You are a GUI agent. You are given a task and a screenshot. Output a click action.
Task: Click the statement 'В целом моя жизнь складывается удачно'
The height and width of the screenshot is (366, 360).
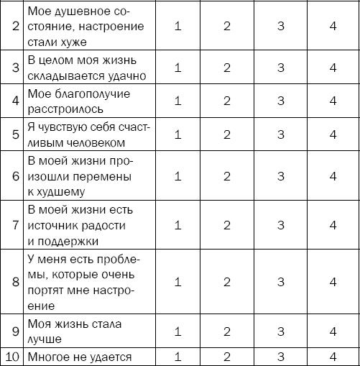(75, 68)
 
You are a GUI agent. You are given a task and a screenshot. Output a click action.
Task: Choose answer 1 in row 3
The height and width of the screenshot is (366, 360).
(177, 68)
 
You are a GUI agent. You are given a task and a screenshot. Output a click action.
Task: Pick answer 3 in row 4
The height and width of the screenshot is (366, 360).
(280, 101)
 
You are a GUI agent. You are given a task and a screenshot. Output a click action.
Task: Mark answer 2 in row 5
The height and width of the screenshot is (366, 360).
(227, 134)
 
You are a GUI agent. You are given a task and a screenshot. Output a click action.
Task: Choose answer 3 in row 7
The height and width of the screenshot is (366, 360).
(280, 226)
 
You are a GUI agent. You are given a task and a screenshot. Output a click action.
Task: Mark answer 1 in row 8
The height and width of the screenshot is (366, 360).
(177, 282)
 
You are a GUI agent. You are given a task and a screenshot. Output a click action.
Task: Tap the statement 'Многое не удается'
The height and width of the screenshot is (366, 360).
(80, 357)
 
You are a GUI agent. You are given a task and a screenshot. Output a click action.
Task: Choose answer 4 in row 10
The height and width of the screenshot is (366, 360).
(333, 357)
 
